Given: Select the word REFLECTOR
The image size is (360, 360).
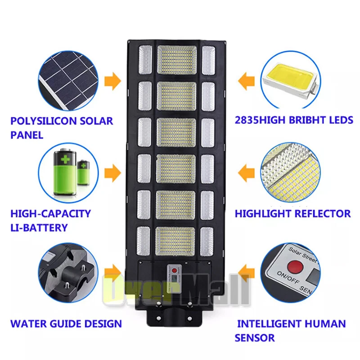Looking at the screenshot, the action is (322, 213).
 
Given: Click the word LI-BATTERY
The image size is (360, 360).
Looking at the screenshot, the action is (39, 228).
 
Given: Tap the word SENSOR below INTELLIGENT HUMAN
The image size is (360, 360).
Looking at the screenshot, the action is (255, 338).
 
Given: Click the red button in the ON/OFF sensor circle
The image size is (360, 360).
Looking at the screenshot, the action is (295, 267).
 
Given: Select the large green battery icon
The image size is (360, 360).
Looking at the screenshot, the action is (65, 172).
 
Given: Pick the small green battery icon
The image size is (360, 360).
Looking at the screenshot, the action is (83, 173).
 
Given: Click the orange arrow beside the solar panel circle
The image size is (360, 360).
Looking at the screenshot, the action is (112, 81).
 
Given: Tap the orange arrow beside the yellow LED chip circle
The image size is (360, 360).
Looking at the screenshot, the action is (246, 81).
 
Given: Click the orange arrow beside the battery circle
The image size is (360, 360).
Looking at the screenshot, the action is (112, 173).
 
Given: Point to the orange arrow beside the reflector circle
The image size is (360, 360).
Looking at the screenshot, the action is (246, 173).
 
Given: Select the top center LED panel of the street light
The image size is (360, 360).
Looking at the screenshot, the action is (177, 60).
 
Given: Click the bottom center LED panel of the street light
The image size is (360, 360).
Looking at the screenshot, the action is (175, 241).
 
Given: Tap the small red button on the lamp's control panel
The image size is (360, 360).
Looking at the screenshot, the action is (174, 270).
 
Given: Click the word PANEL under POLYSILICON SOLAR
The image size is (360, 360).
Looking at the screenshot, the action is (27, 135).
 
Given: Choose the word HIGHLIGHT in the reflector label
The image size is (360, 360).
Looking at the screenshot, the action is (263, 213).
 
